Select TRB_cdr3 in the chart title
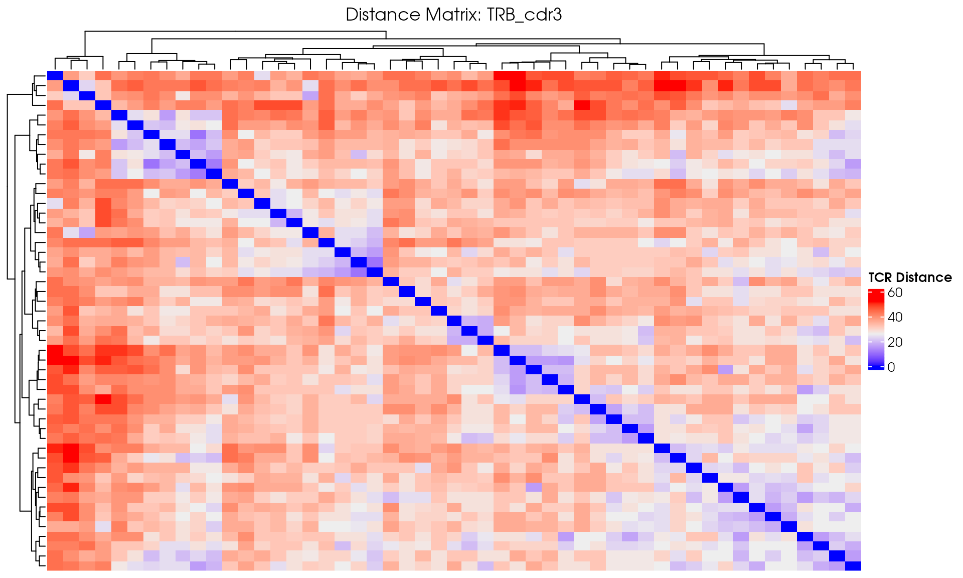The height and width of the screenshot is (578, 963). [525, 15]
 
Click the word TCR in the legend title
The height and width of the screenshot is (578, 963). [881, 277]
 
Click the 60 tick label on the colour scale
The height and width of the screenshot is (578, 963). [895, 293]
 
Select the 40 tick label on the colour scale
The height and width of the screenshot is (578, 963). [895, 317]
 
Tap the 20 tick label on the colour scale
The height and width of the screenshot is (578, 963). [895, 342]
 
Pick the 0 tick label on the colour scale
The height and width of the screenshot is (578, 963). [891, 367]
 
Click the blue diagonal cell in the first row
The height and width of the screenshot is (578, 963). [55, 76]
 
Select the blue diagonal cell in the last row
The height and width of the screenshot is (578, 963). [853, 566]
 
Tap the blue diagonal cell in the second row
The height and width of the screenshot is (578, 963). [71, 86]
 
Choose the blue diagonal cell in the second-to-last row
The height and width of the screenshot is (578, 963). [837, 556]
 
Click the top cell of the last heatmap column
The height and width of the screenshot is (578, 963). [853, 76]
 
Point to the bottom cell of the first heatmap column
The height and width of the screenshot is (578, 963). [55, 566]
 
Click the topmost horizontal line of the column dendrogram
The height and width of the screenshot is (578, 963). [236, 32]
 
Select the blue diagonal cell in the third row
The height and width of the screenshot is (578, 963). [87, 95]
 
